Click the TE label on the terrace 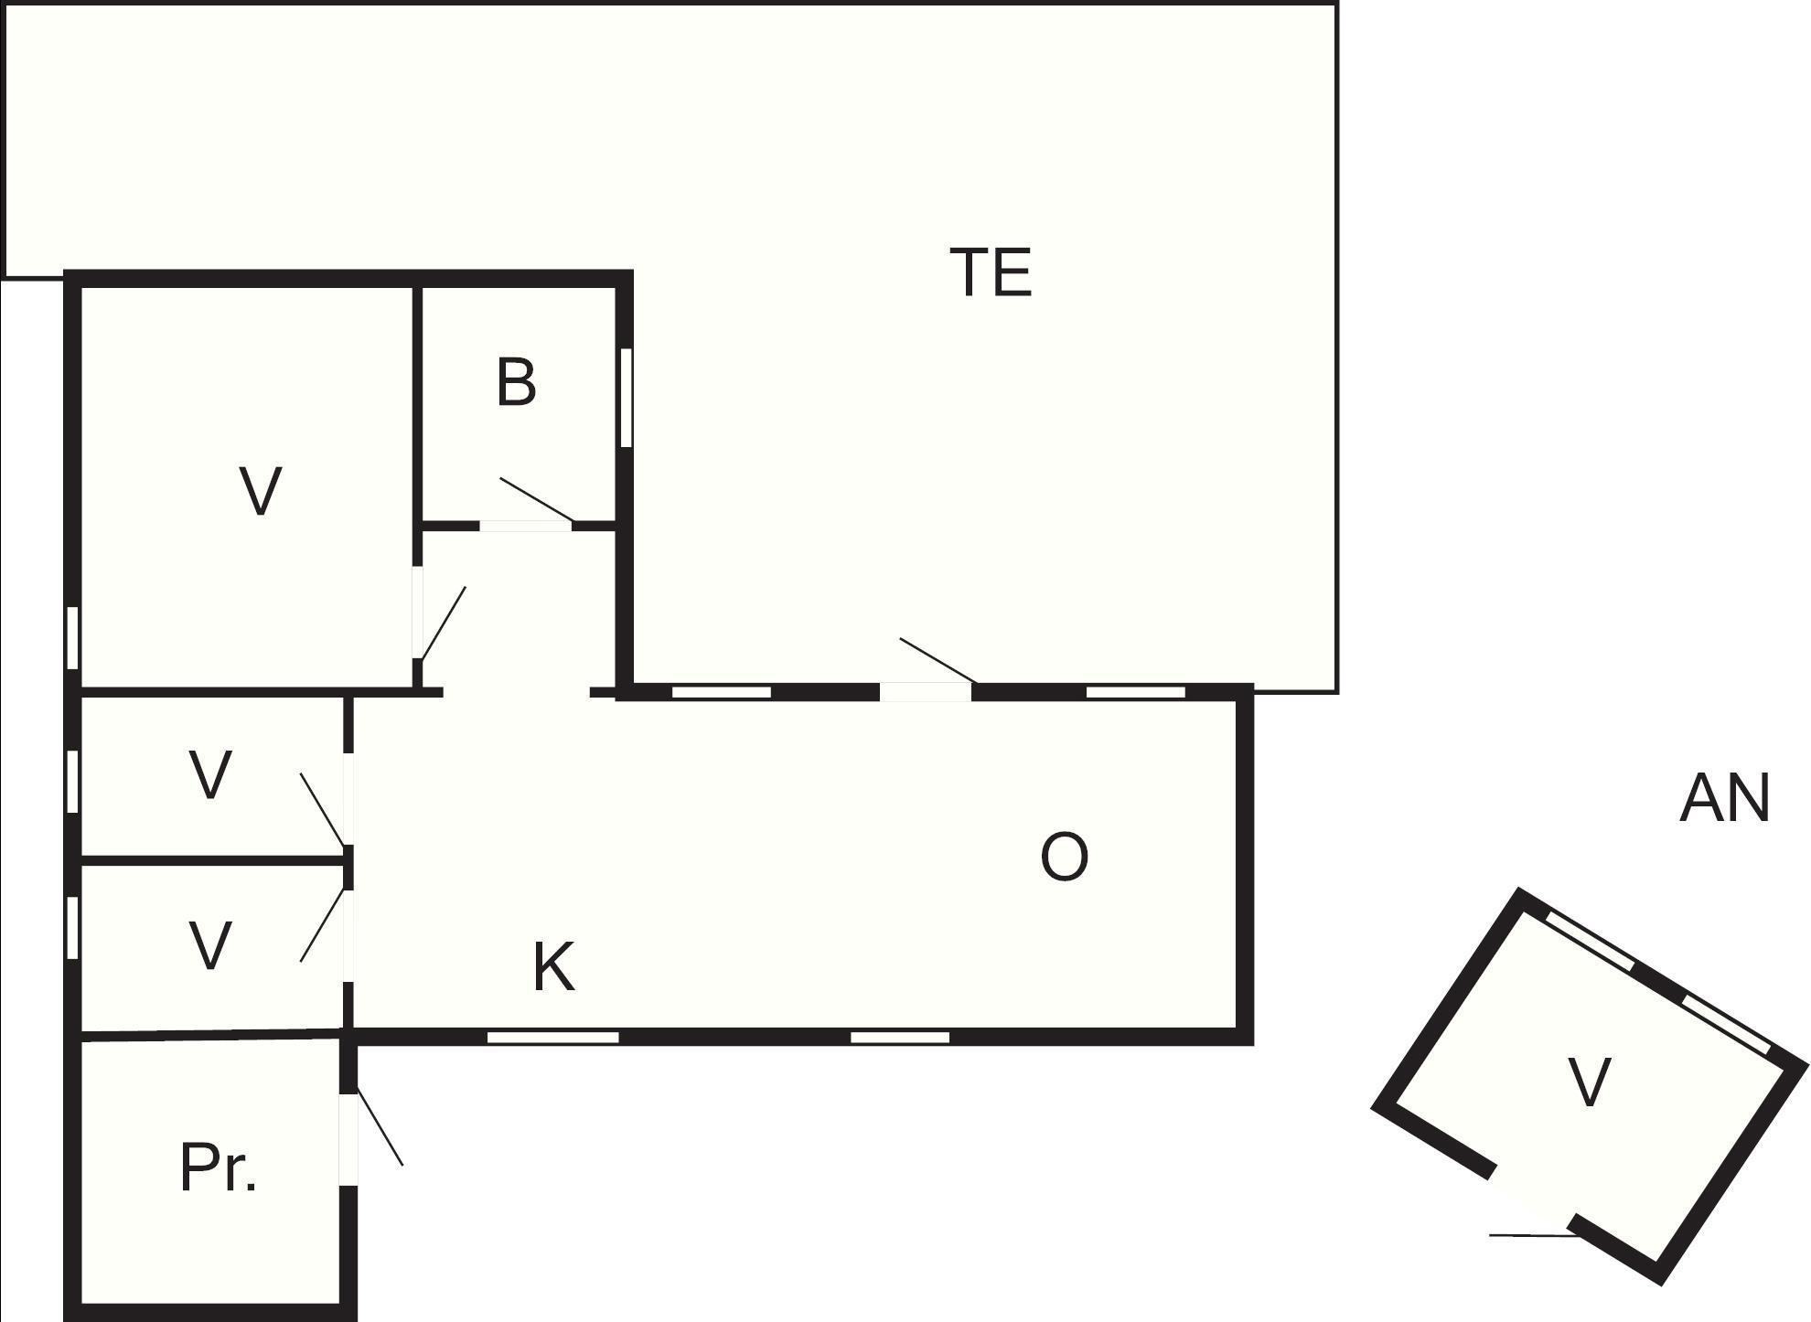(x=991, y=272)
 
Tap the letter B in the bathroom (x=516, y=382)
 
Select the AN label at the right (x=1725, y=798)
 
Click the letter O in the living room (x=1065, y=857)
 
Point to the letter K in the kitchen (x=553, y=967)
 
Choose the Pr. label (x=218, y=1167)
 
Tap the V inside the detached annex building (x=1589, y=1082)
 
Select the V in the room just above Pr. (x=209, y=944)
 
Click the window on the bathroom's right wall (x=627, y=398)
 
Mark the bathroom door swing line (x=536, y=500)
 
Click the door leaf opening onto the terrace (x=938, y=660)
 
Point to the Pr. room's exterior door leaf (x=380, y=1126)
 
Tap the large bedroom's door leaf (x=443, y=623)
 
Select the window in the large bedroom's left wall (x=72, y=638)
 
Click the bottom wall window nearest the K (x=553, y=1037)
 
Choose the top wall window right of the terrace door (x=1136, y=692)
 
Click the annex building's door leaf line (x=1532, y=1236)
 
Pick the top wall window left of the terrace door (x=722, y=692)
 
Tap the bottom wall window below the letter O (x=900, y=1037)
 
